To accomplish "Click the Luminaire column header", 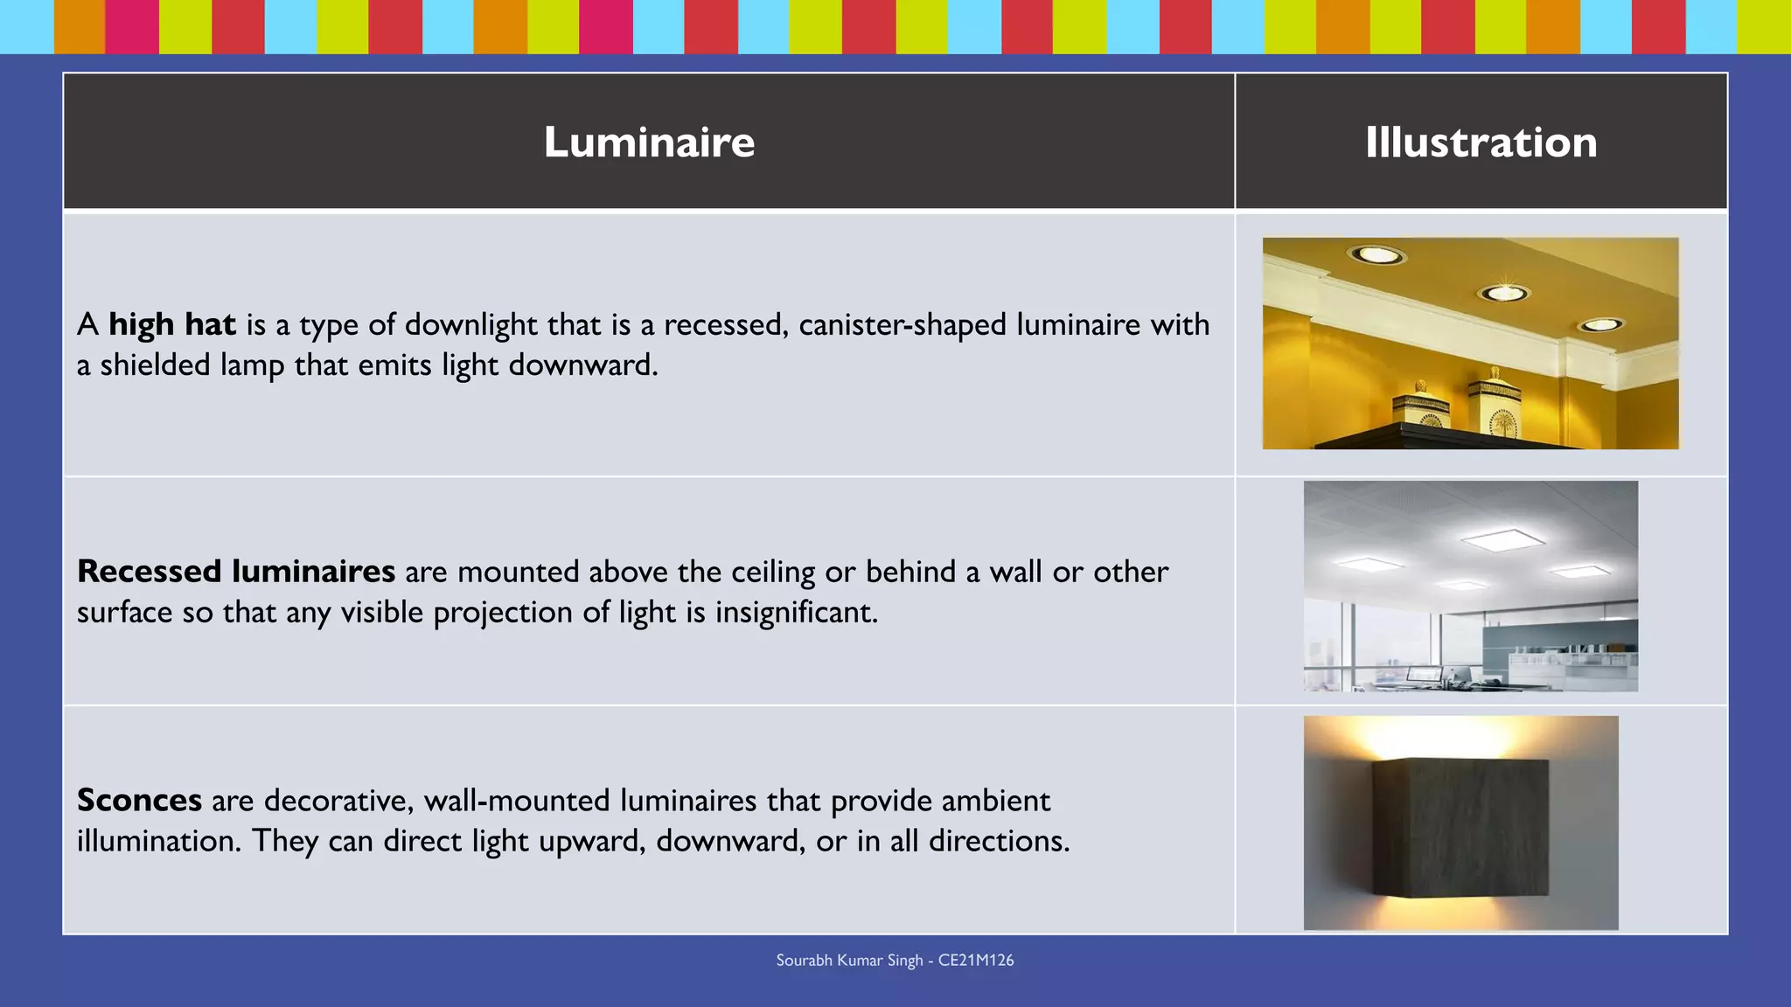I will (x=648, y=142).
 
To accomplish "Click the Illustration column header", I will (x=1481, y=142).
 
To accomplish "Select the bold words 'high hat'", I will (x=172, y=324).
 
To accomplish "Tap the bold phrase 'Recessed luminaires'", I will (x=236, y=572).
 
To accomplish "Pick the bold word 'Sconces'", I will (x=139, y=801).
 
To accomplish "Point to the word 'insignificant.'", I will (x=796, y=612).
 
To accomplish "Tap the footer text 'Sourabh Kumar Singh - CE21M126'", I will (x=895, y=961).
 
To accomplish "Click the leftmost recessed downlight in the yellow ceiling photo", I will (x=1376, y=254).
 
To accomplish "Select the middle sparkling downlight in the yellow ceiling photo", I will (x=1504, y=292).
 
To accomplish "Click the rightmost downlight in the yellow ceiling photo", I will (x=1600, y=325).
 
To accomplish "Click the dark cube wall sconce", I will (x=1460, y=826).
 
